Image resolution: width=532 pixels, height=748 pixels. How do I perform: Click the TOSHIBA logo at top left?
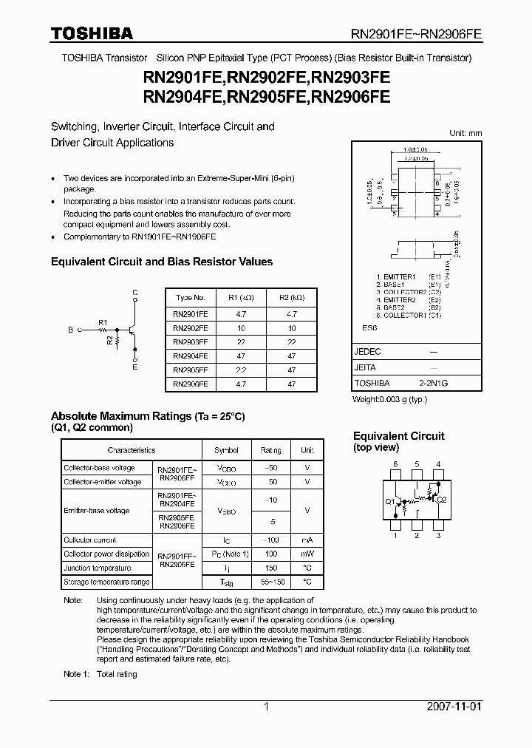click(x=92, y=33)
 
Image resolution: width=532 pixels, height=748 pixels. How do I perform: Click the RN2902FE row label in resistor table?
click(x=190, y=327)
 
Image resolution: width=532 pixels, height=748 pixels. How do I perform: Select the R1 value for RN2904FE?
click(x=240, y=356)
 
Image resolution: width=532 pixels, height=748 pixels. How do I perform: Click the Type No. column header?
click(x=190, y=298)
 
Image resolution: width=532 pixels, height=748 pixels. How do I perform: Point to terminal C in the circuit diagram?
click(x=134, y=293)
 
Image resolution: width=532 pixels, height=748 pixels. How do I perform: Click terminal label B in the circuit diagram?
click(x=70, y=330)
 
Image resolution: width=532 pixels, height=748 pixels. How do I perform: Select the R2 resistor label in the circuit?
click(x=109, y=341)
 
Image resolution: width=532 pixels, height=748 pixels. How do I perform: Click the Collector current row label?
click(x=89, y=540)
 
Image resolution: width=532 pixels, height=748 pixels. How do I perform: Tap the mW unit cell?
click(x=307, y=554)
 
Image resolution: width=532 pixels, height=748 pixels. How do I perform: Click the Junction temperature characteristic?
click(x=97, y=568)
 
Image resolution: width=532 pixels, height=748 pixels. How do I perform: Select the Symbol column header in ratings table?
click(x=226, y=450)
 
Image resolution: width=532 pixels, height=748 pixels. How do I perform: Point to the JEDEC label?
click(x=367, y=353)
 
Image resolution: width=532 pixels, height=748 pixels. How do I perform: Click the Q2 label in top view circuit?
click(x=442, y=500)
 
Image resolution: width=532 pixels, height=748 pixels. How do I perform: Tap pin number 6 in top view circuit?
click(x=395, y=464)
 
